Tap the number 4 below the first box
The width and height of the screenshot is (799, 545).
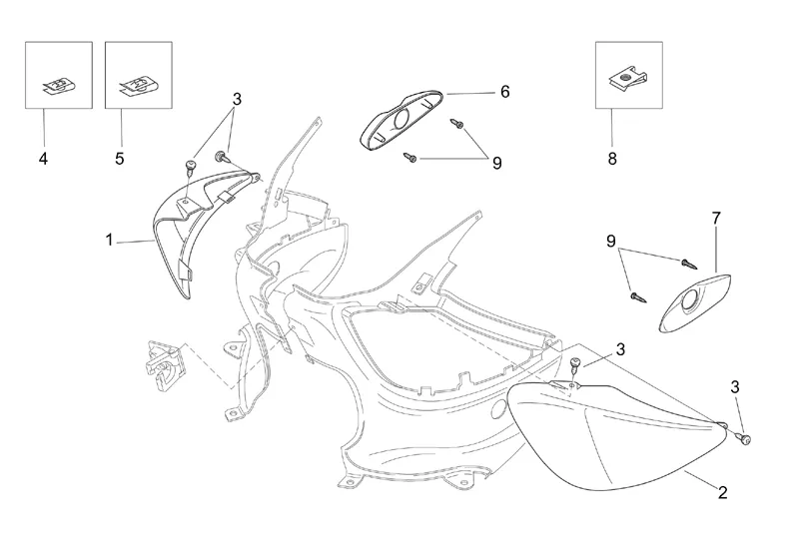44,158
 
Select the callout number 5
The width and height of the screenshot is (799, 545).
121,158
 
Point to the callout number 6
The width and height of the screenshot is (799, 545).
504,92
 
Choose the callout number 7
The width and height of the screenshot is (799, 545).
715,217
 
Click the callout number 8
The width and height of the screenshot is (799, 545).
611,158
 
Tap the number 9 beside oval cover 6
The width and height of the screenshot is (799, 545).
496,163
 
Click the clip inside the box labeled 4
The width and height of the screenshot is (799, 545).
58,87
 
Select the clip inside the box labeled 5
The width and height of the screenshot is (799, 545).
136,87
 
